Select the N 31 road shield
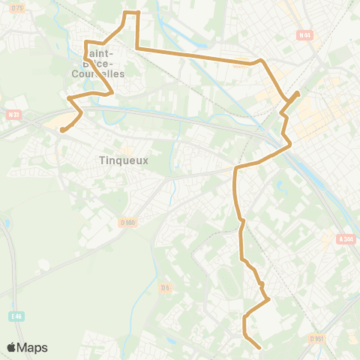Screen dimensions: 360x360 point(12,115)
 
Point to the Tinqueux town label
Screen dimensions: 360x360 point(124,160)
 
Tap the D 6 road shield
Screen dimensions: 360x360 point(166,287)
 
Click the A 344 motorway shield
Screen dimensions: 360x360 point(345,239)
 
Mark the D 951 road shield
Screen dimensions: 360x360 point(316,337)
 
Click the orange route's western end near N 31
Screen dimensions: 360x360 point(61,130)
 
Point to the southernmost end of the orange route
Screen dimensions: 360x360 point(259,348)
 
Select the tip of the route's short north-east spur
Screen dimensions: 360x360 point(298,93)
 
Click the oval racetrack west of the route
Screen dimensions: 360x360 point(226,280)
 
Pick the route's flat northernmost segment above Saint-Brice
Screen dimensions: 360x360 point(131,12)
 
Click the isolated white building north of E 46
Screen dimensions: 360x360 point(43,265)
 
